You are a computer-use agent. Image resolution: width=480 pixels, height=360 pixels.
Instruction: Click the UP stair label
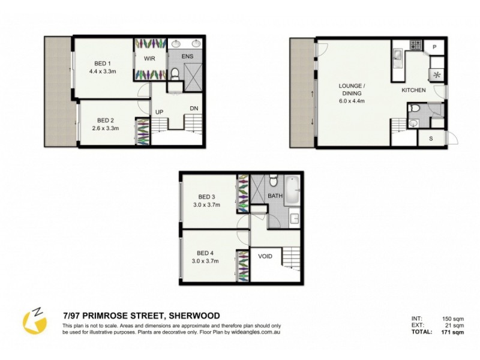click(160, 112)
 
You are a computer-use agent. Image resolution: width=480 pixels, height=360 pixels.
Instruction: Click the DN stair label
click(194, 108)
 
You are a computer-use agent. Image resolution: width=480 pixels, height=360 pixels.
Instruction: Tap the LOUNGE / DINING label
click(351, 92)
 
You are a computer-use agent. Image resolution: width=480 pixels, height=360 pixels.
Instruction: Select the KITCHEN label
click(413, 91)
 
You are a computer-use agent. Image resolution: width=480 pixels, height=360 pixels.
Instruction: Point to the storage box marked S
click(430, 138)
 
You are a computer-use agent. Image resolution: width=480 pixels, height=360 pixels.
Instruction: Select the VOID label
click(265, 256)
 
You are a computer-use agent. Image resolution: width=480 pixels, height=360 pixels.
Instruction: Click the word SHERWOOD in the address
click(194, 316)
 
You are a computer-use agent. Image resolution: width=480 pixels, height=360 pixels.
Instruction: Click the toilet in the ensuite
click(175, 74)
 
